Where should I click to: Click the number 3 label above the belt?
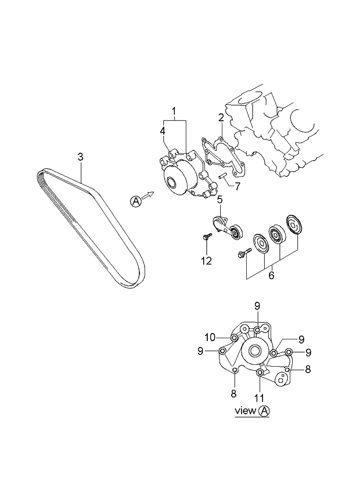click(x=81, y=156)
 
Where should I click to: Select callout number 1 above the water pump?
click(x=173, y=110)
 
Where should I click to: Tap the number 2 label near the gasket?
click(x=221, y=118)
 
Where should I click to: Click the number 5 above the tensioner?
click(x=220, y=200)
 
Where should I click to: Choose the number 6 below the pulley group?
click(x=271, y=276)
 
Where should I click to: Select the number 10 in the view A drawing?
click(x=209, y=337)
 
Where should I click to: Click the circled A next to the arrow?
click(x=135, y=201)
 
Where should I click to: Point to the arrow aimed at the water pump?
click(x=149, y=196)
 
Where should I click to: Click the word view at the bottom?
click(x=245, y=411)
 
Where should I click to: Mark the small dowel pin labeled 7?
click(x=222, y=177)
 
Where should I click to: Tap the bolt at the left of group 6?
click(x=243, y=253)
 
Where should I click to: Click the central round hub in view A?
click(x=254, y=350)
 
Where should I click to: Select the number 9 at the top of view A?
click(x=257, y=306)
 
